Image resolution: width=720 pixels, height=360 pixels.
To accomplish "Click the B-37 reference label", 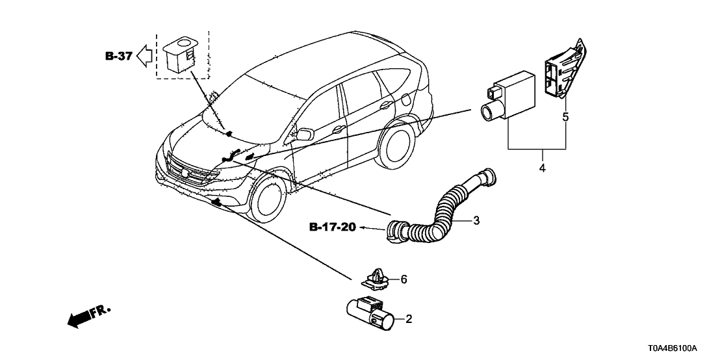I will click(119, 57).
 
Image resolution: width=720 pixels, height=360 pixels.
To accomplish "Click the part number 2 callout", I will click(409, 319).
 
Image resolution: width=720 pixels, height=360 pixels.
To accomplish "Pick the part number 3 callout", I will click(476, 221).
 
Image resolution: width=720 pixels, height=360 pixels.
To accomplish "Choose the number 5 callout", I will click(565, 118).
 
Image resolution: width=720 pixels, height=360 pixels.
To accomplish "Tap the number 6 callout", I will click(404, 279).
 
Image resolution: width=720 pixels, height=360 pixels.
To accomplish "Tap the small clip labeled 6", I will click(375, 279).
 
